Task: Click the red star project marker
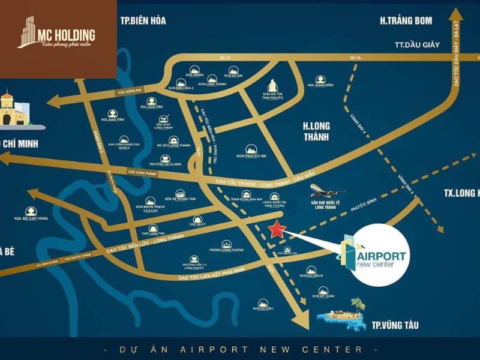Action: pyautogui.click(x=276, y=229)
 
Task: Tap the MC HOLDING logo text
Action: pyautogui.click(x=65, y=34)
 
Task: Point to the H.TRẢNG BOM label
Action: pyautogui.click(x=406, y=21)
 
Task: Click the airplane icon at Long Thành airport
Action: pyautogui.click(x=327, y=192)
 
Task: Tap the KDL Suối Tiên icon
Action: pyautogui.click(x=112, y=113)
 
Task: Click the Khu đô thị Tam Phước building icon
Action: pyautogui.click(x=273, y=85)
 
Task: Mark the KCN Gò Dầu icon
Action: pyautogui.click(x=263, y=303)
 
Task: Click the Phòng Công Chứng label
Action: pyautogui.click(x=226, y=251)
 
